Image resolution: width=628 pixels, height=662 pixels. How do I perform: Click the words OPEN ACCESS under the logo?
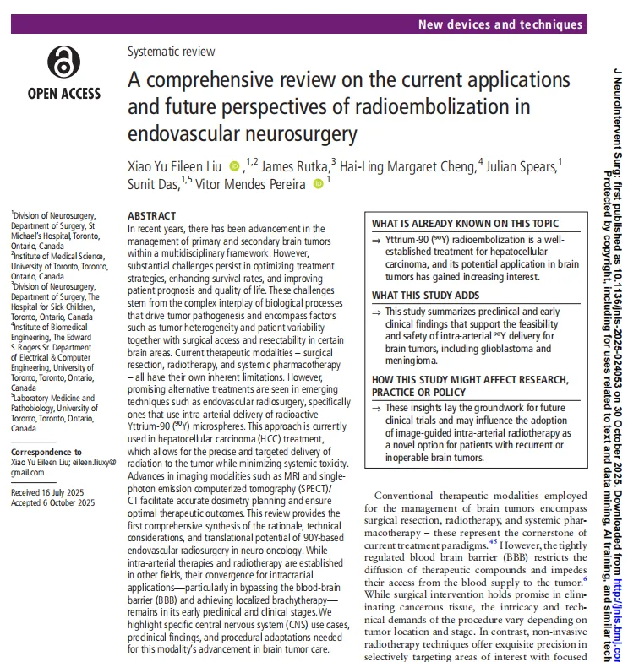[x=63, y=94]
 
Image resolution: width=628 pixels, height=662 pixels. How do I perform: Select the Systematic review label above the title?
[x=171, y=51]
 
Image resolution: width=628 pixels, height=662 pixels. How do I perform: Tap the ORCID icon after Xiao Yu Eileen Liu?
[x=234, y=166]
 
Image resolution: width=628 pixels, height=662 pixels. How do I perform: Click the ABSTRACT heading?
[x=151, y=216]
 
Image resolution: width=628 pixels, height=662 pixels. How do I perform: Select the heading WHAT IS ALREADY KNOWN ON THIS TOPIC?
[x=466, y=224]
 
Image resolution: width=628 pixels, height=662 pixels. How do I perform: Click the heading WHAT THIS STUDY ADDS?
[x=426, y=296]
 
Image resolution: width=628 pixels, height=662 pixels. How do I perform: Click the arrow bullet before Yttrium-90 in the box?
[x=377, y=240]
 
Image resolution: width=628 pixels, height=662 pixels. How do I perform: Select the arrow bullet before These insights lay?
[x=377, y=409]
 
